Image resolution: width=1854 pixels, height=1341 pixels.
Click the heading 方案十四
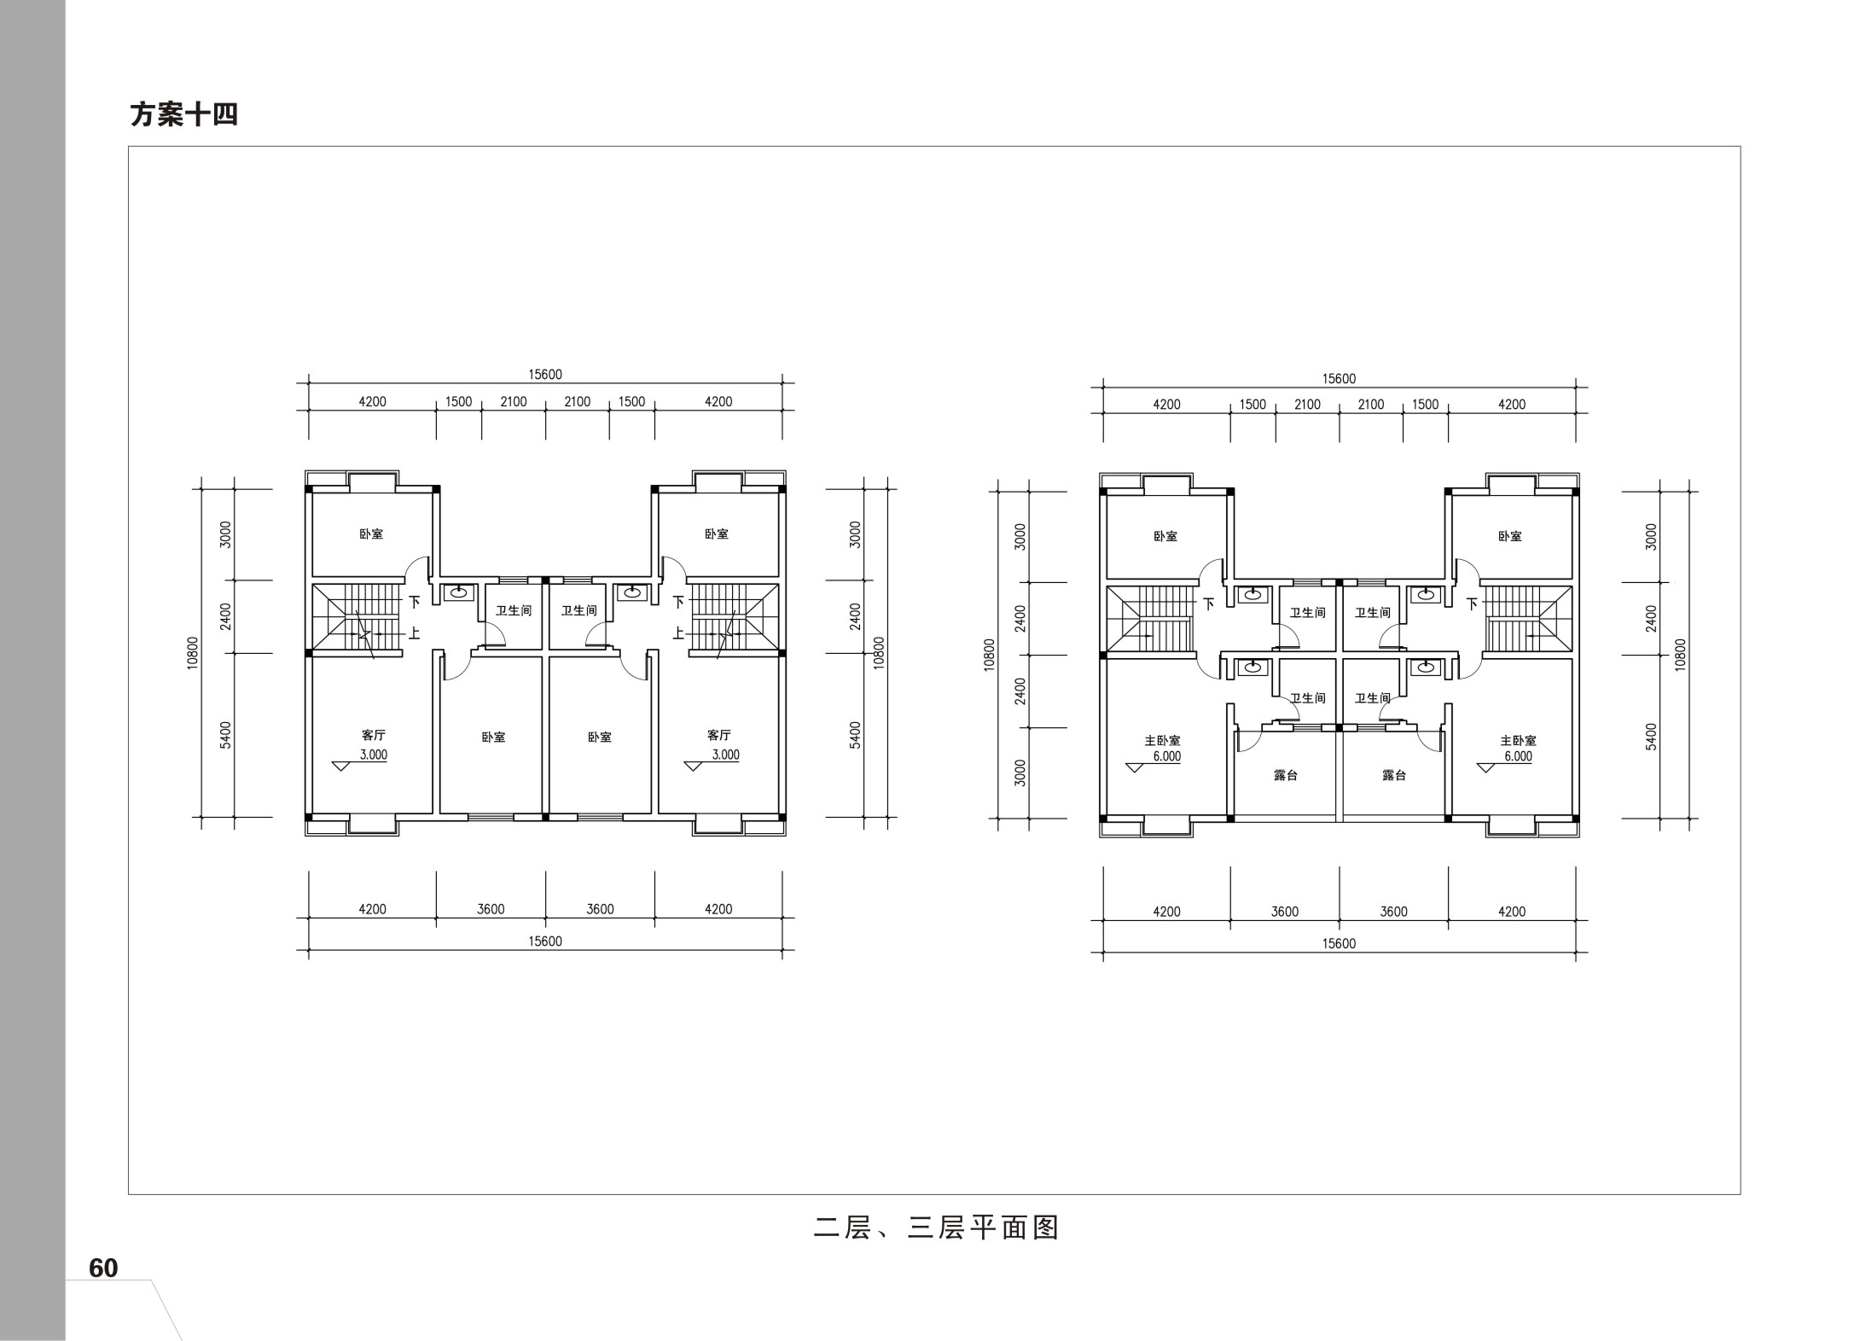[x=183, y=114]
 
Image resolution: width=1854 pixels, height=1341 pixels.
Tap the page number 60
[x=103, y=1268]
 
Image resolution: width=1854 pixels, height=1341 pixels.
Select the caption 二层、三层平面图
[x=936, y=1227]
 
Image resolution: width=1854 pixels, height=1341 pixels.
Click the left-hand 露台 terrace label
[x=1285, y=775]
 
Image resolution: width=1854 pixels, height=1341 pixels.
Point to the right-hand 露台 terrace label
[x=1393, y=775]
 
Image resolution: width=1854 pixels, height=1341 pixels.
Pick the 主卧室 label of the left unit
[x=1162, y=741]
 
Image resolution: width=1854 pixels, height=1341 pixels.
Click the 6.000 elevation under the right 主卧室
[x=1518, y=756]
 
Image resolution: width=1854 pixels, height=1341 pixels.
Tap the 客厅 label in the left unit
[x=373, y=735]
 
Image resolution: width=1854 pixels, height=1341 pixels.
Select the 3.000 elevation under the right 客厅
[x=725, y=755]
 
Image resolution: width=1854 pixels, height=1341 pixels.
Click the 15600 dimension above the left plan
[x=545, y=374]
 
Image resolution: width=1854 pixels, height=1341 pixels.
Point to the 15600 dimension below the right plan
[x=1339, y=944]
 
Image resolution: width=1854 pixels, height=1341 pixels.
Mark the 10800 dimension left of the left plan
[x=193, y=653]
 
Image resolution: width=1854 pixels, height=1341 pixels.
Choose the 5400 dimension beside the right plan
[x=1650, y=736]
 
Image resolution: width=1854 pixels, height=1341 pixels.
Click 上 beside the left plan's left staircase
[x=414, y=633]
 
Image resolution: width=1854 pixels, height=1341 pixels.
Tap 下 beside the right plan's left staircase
[x=1208, y=604]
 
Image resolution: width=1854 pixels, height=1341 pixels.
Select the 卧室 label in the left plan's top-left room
[x=370, y=534]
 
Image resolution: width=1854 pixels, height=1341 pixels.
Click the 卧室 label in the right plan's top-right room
[x=1509, y=537]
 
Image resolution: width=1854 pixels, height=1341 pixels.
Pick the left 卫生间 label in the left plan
[x=514, y=610]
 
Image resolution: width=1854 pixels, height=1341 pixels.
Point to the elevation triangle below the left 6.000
[x=1134, y=767]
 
